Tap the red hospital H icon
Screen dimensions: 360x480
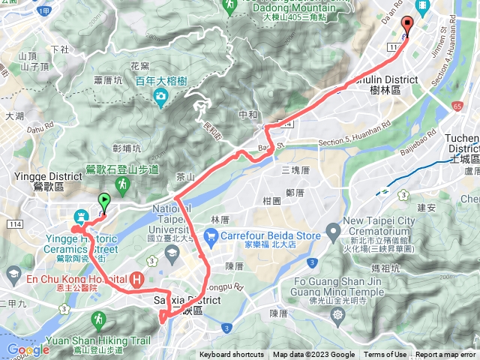[137, 280]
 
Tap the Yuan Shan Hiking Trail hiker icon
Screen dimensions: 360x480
[98, 321]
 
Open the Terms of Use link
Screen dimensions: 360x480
[385, 355]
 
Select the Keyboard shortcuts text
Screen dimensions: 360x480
[232, 355]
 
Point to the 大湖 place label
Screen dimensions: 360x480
[14, 116]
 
